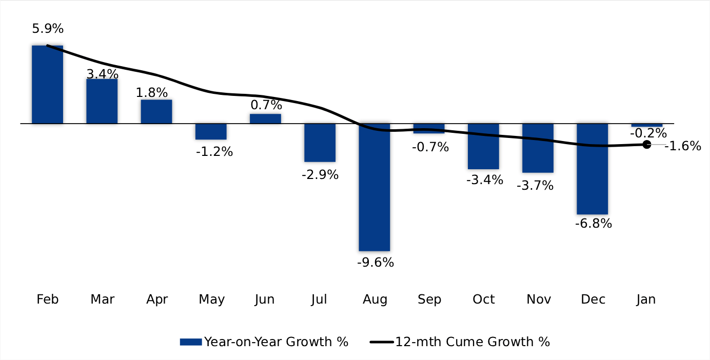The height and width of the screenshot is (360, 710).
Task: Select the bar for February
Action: (47, 85)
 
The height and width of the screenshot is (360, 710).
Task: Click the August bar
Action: (374, 187)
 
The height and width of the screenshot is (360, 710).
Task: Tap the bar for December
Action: (592, 169)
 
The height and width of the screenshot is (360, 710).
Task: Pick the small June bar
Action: (265, 118)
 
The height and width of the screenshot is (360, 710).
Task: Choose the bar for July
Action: (320, 143)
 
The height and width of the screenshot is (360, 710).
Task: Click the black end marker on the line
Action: (646, 145)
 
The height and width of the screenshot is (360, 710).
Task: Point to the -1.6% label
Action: (683, 146)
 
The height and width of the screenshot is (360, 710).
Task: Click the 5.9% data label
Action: (48, 29)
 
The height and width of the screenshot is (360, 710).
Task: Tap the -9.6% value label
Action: (376, 263)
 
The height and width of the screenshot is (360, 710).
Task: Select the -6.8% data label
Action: (594, 224)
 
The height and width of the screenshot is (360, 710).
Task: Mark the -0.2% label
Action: (648, 133)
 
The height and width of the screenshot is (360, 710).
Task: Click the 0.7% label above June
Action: (266, 105)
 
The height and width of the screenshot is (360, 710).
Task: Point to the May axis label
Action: (211, 299)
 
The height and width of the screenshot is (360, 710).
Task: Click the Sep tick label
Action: (429, 299)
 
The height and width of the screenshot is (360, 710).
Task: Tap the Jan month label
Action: (646, 299)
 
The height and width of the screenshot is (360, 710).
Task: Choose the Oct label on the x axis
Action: (484, 299)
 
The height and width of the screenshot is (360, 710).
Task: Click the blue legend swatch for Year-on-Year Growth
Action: (190, 342)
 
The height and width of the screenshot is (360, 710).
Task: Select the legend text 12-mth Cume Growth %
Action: (472, 342)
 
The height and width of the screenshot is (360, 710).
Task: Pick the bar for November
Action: (538, 148)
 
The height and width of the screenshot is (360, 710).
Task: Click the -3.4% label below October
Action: (485, 180)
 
